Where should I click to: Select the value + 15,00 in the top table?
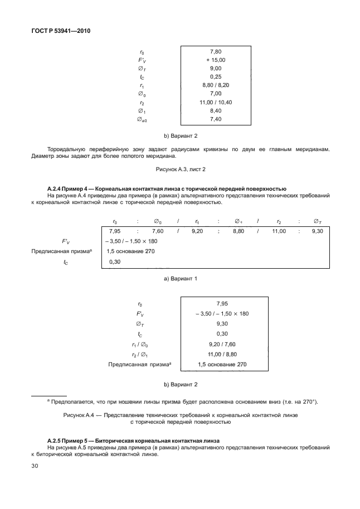pyautogui.click(x=216, y=60)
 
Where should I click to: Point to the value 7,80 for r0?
pyautogui.click(x=216, y=51)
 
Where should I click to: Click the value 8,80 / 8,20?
pyautogui.click(x=216, y=85)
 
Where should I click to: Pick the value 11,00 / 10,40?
pyautogui.click(x=216, y=102)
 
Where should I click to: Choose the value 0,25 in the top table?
pyautogui.click(x=216, y=76)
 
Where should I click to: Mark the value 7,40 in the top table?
pyautogui.click(x=216, y=119)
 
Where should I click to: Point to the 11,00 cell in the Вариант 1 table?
pyautogui.click(x=279, y=231)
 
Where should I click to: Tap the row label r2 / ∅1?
pyautogui.click(x=139, y=354)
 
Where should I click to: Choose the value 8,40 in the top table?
pyautogui.click(x=216, y=110)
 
